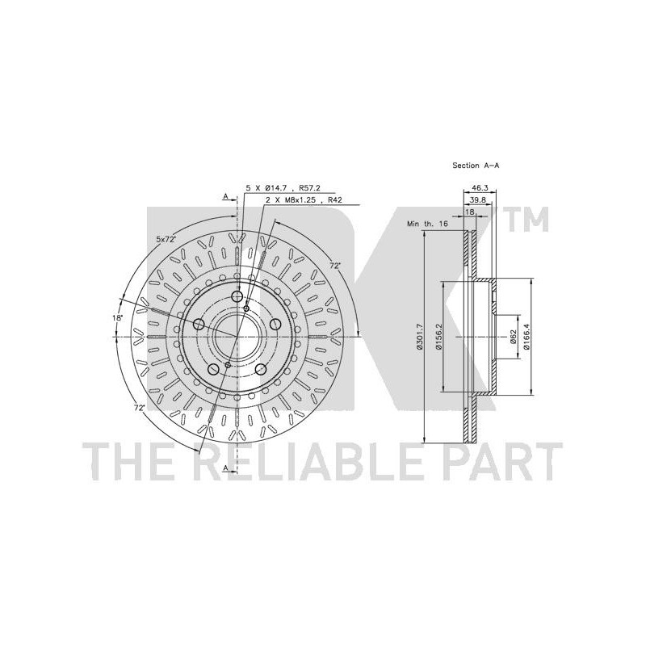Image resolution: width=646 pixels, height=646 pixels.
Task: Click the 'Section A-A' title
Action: coord(476,166)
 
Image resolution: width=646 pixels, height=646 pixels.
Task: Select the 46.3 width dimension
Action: coord(480,187)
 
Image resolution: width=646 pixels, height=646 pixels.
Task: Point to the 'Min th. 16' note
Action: coord(427,224)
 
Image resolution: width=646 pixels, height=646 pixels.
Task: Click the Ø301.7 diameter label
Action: coord(419,337)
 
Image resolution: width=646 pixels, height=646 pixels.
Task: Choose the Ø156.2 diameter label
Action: coord(438,337)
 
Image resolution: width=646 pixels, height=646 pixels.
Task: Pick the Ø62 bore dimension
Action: coord(513,337)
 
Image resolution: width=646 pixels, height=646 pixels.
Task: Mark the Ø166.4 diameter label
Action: coord(526,337)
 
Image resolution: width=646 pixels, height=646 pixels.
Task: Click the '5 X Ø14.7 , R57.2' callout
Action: coord(283,188)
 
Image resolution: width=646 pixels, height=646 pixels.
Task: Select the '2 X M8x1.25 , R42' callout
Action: coord(304,200)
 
